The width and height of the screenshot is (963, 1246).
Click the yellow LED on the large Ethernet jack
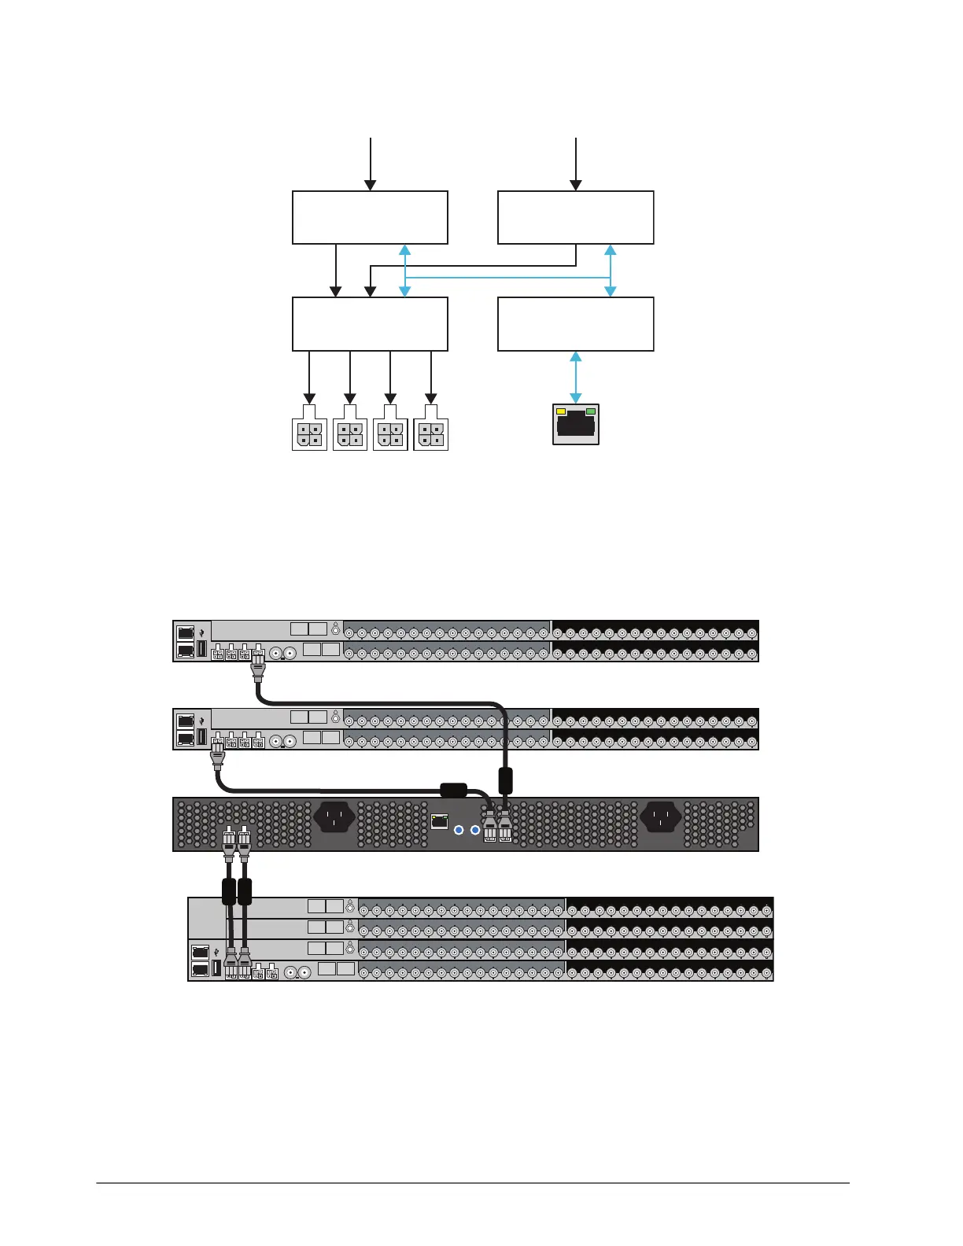(561, 411)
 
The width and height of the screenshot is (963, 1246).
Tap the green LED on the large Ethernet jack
(591, 411)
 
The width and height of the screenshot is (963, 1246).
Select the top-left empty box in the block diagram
(370, 217)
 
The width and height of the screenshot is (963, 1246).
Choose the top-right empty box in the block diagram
(575, 217)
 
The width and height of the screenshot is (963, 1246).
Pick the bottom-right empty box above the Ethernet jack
(575, 323)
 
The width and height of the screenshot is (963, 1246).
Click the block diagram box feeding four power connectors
(370, 323)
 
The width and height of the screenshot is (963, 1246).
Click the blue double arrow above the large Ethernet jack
(576, 378)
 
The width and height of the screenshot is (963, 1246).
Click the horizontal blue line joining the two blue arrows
(507, 278)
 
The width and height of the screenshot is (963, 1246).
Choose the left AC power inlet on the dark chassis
(334, 817)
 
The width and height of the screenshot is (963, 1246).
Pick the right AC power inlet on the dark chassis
(660, 817)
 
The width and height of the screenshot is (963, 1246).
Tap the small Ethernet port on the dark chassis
(440, 822)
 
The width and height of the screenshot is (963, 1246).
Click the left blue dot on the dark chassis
(459, 830)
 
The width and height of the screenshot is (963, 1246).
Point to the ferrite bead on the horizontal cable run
(453, 790)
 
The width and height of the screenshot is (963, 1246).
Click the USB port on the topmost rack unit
(202, 649)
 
